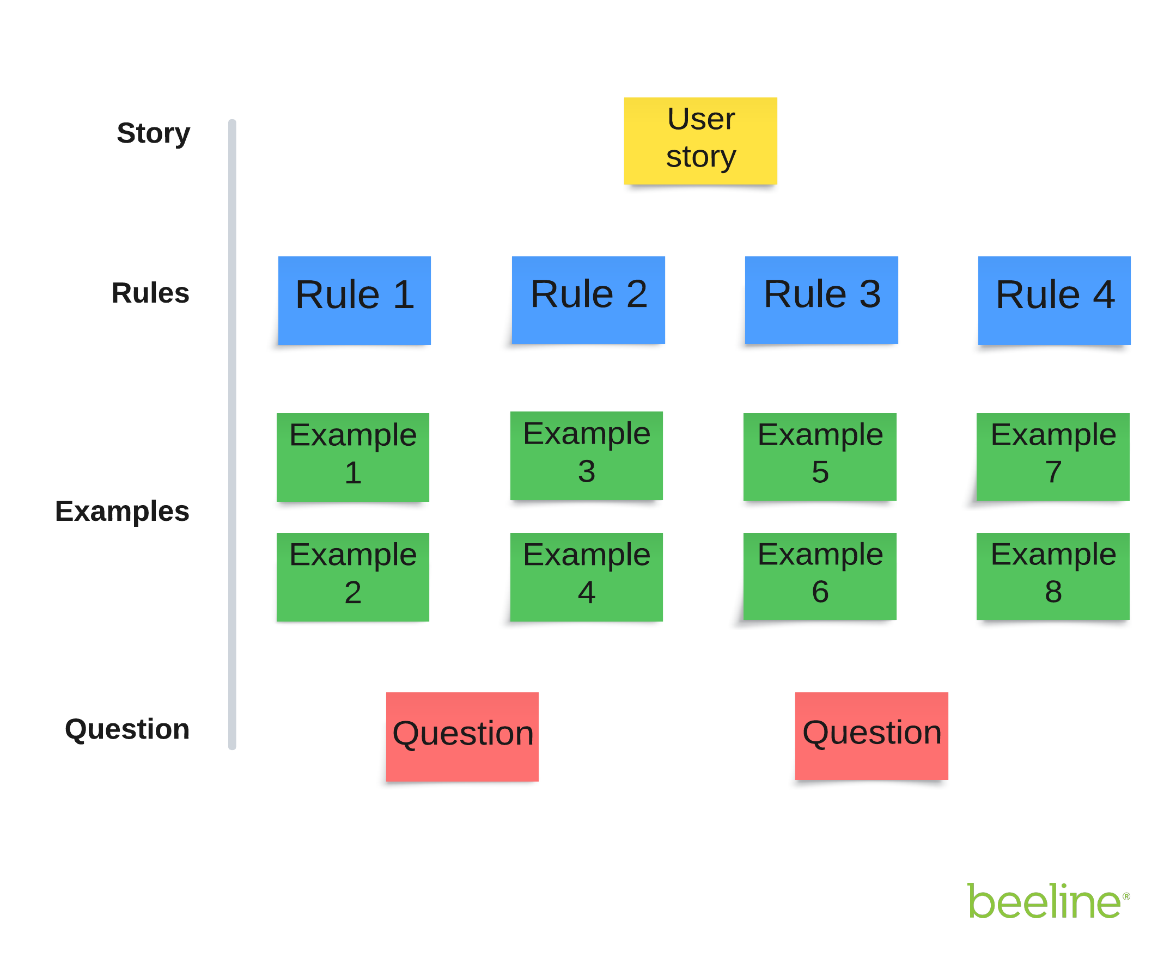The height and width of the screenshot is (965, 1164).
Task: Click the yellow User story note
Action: pos(700,141)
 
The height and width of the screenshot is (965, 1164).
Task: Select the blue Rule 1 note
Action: pos(354,300)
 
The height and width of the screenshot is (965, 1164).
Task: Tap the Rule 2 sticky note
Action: pos(588,300)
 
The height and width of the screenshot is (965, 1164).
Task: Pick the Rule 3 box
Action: pos(821,300)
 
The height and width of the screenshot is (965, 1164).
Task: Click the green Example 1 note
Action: pos(352,457)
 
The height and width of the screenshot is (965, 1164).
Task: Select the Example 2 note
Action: pos(352,577)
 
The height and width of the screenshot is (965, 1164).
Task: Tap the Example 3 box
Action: pos(586,456)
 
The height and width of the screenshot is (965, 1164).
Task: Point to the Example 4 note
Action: pos(586,577)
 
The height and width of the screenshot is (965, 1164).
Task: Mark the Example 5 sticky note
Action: pos(819,457)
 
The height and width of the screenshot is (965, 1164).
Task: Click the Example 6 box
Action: pos(819,576)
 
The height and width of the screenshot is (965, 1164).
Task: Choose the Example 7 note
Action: pos(1052,457)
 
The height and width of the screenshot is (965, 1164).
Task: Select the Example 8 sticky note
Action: pos(1052,576)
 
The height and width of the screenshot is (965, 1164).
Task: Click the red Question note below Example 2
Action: pos(462,736)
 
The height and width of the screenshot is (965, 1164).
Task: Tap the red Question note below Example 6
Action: pos(872,736)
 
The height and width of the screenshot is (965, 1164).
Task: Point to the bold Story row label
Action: pos(153,133)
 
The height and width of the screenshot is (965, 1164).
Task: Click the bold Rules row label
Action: pos(150,292)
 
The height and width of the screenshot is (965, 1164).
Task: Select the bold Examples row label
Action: pos(122,511)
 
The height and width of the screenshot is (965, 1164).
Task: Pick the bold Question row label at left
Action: pos(127,728)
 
